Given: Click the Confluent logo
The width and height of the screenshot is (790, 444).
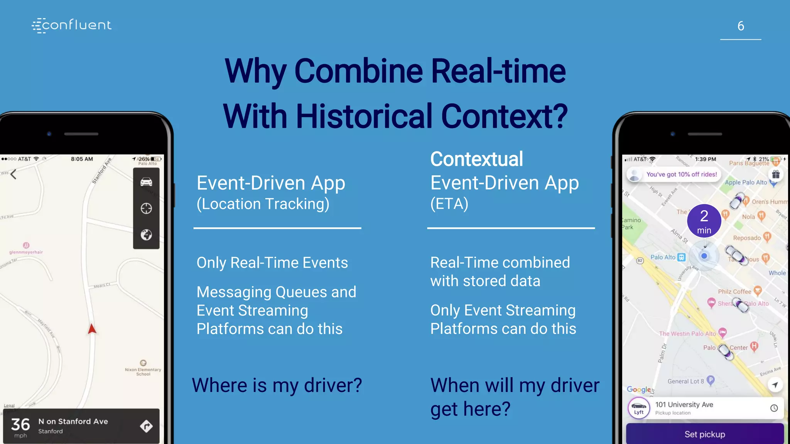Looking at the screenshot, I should [72, 25].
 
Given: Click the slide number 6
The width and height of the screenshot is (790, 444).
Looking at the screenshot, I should [740, 26].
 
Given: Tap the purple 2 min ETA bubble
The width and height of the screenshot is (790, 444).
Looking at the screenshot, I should [704, 221].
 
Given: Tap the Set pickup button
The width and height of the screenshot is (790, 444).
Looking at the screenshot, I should [704, 434].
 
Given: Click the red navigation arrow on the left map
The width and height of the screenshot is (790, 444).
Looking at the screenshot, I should [92, 329].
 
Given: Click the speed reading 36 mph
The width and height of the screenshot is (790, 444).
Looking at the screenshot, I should [20, 427].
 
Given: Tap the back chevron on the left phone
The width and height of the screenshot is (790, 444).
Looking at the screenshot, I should [14, 175].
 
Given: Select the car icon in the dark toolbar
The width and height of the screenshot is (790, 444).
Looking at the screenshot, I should [146, 182].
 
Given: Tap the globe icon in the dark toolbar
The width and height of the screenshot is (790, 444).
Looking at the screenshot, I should [146, 235].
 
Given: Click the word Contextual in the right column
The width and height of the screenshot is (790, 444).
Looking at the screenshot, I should [476, 159].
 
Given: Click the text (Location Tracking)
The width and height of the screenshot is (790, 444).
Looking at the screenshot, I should [263, 204].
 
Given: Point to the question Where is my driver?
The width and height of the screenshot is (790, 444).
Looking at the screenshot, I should [277, 385].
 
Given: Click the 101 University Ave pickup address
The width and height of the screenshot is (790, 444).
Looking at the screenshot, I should [684, 405].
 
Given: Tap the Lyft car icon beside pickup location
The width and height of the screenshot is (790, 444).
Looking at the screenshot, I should [639, 408].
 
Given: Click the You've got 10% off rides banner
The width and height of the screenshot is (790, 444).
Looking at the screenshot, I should [681, 174].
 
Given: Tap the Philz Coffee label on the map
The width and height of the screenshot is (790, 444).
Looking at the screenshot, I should [734, 291].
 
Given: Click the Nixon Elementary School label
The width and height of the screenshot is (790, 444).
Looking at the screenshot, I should [143, 371].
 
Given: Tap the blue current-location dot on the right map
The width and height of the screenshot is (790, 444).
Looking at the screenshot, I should [704, 256].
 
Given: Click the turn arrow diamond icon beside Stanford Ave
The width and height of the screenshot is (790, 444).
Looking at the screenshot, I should [146, 426].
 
